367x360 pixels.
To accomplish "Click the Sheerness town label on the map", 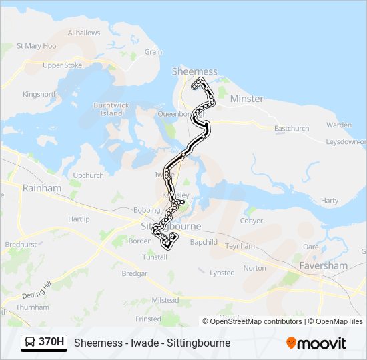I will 195,71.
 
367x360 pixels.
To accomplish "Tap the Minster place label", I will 246,99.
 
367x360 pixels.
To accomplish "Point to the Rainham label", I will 42,188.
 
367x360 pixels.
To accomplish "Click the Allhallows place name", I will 84,33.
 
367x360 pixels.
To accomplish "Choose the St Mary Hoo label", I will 36,46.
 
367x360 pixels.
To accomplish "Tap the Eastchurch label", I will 292,128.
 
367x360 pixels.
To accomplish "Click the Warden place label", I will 339,125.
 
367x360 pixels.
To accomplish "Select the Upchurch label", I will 89,175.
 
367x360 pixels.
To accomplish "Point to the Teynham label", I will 240,246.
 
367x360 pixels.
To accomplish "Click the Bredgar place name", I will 134,273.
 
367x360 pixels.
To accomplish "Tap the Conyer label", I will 252,220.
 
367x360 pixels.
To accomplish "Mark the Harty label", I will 330,200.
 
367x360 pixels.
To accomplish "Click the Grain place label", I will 153,51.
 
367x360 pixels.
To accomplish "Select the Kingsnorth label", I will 41,94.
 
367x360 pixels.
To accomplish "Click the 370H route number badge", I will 51,342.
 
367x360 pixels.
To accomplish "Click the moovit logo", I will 316,343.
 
